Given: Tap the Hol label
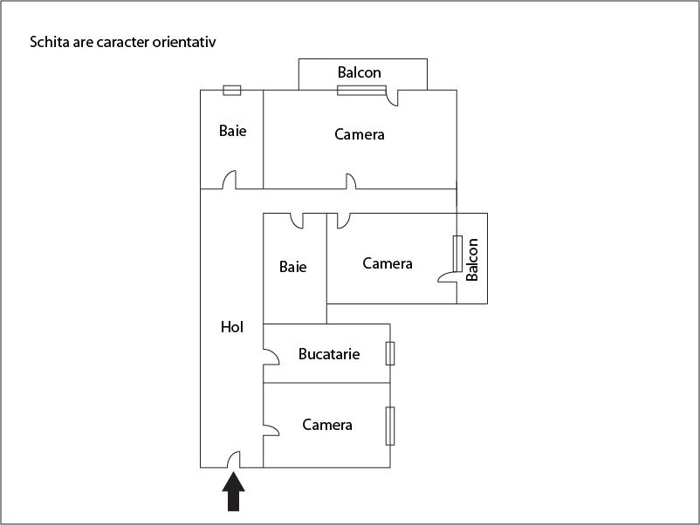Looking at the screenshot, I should pyautogui.click(x=231, y=328).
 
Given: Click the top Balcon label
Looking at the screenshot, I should pyautogui.click(x=360, y=72).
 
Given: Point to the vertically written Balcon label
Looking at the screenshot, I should pyautogui.click(x=472, y=259).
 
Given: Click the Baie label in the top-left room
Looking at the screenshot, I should pyautogui.click(x=232, y=131).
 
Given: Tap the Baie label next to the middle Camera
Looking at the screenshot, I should pyautogui.click(x=293, y=267).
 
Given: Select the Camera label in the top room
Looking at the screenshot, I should pyautogui.click(x=360, y=134).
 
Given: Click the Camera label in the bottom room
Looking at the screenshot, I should pyautogui.click(x=327, y=425).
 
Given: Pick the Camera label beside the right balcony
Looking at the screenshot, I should pyautogui.click(x=388, y=263).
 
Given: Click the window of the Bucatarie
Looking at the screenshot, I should pyautogui.click(x=390, y=353).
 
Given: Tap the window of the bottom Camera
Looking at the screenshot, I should pyautogui.click(x=390, y=426).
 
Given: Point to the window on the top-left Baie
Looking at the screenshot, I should pyautogui.click(x=231, y=90).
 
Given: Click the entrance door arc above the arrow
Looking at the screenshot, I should pyautogui.click(x=235, y=459).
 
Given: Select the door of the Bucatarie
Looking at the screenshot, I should pyautogui.click(x=271, y=355).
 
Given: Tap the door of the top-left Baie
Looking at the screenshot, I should pyautogui.click(x=229, y=181).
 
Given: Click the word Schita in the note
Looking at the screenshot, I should pyautogui.click(x=48, y=42).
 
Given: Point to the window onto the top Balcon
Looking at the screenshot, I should pyautogui.click(x=361, y=90).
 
